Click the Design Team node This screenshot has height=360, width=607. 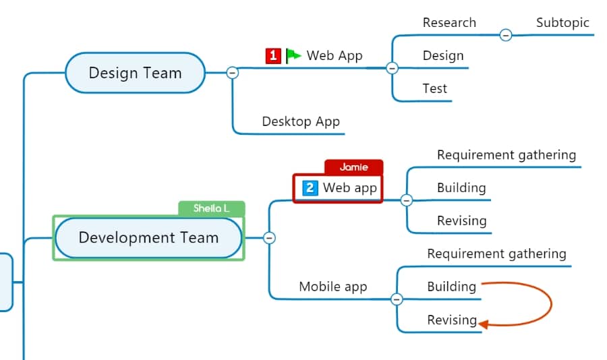(x=135, y=73)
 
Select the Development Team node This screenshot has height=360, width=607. (x=148, y=238)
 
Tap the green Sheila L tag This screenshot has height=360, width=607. (x=211, y=208)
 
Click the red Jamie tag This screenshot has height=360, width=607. (x=354, y=167)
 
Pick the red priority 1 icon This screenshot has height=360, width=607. (x=273, y=56)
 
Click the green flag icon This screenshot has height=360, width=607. (x=293, y=56)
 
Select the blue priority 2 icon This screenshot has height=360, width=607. (x=310, y=188)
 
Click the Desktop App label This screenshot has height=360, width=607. (x=301, y=121)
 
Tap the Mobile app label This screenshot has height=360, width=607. (x=333, y=287)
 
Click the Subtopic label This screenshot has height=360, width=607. (x=562, y=23)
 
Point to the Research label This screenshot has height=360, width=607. (x=449, y=22)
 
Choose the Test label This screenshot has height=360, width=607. (x=434, y=88)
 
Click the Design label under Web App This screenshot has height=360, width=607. (x=443, y=56)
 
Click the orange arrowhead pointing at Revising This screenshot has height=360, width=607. (x=484, y=324)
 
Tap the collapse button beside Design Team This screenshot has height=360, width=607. (x=232, y=72)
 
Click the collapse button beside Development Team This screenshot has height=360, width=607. (x=269, y=238)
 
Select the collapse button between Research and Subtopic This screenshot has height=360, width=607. (x=506, y=35)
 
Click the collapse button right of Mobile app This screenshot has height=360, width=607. (x=397, y=299)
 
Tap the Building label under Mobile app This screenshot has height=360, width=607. (x=451, y=287)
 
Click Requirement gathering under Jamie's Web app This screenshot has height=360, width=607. (x=507, y=155)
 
